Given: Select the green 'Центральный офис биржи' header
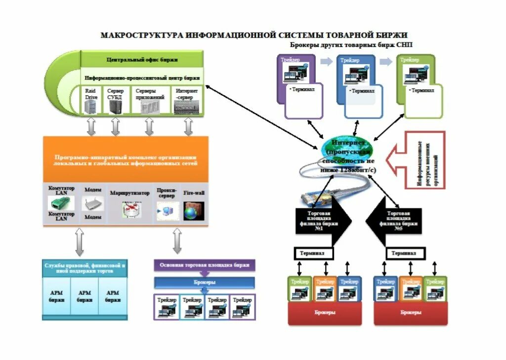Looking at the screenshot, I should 142,59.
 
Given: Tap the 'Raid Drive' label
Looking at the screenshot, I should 91,94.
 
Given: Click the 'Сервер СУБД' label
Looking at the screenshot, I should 115,94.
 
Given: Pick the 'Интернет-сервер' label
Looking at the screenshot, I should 186,94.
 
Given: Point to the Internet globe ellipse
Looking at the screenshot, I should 349,155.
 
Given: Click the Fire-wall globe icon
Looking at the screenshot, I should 190,211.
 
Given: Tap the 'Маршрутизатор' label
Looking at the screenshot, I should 129,193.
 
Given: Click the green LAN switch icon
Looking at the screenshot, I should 61,203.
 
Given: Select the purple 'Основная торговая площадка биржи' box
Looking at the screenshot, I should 204,265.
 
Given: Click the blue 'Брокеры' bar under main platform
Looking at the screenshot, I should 204,282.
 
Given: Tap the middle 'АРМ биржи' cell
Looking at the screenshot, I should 84,296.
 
